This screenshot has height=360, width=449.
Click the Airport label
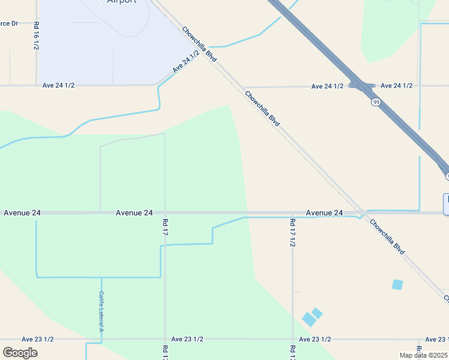pos(122,2)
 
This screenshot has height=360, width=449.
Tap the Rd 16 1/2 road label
pos(37,36)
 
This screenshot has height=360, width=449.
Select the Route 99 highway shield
pos(375,102)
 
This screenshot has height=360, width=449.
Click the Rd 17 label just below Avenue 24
pos(165,226)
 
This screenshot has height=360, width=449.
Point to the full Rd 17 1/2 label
pos(293,233)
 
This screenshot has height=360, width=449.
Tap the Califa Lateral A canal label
pos(101,312)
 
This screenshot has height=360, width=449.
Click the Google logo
pos(20,353)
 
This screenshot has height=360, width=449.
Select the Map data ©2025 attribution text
pos(423,355)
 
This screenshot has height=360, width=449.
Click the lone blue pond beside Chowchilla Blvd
pos(397,284)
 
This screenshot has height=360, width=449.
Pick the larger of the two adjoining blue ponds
pos(309,320)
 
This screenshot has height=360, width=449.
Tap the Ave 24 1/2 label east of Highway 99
pos(396,86)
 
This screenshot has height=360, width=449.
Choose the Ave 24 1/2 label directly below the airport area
pos(58,85)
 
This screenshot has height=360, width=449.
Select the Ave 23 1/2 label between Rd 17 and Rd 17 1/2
pos(187,339)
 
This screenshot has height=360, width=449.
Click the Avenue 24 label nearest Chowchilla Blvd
pos(324,213)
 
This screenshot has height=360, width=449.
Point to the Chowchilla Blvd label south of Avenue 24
pos(387,236)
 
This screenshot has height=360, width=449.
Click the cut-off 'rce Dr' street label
pos(10,23)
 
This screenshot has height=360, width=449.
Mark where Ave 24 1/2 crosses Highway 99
pos(363,86)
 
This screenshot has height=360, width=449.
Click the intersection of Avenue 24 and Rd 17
pos(165,212)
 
